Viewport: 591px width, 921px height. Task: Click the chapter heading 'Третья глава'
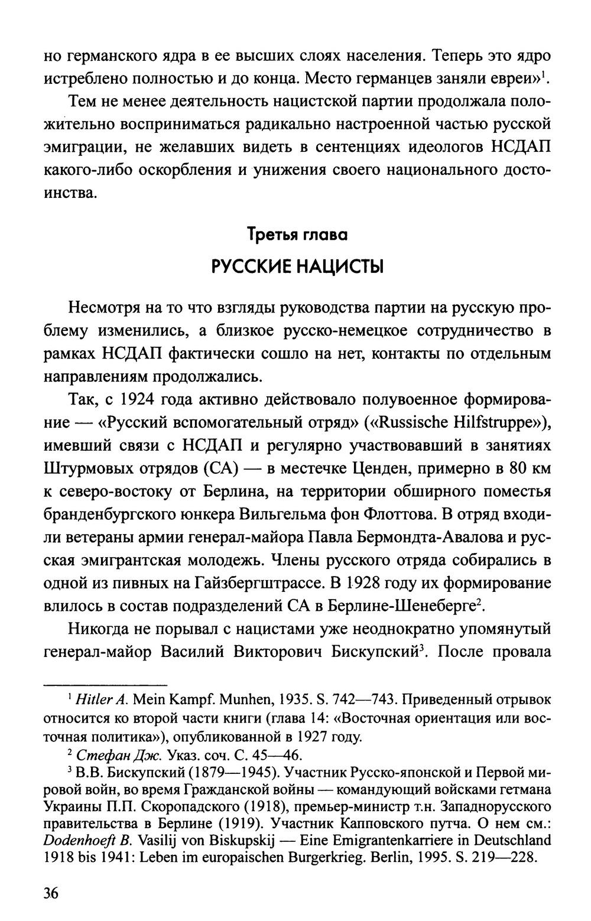click(297, 234)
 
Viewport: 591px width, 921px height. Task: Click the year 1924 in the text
click(138, 400)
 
